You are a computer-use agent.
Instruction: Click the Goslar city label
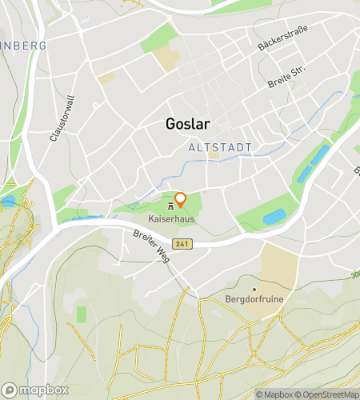click(187, 124)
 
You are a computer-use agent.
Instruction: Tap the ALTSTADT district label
click(219, 148)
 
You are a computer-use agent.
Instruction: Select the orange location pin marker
click(181, 200)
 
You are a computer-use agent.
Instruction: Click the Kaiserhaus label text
click(171, 218)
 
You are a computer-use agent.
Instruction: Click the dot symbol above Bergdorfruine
click(254, 289)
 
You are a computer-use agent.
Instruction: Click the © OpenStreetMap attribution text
click(328, 394)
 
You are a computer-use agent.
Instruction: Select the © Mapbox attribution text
click(276, 394)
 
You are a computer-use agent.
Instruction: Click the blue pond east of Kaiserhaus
click(274, 216)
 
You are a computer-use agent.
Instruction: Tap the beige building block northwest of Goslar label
click(168, 58)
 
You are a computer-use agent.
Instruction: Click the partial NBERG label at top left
click(24, 46)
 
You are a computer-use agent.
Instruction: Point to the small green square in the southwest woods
click(81, 314)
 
